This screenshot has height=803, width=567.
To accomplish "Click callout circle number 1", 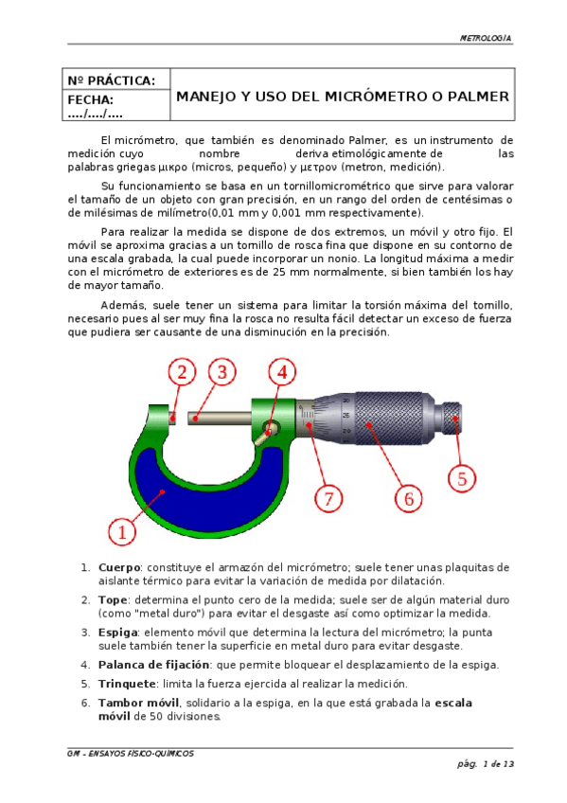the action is [x=122, y=532].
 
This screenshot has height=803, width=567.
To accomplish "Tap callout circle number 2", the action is [x=182, y=372].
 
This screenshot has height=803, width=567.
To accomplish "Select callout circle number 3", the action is [x=222, y=372].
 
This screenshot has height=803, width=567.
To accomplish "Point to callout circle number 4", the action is [x=282, y=372].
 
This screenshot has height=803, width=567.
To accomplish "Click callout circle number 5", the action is [x=462, y=479].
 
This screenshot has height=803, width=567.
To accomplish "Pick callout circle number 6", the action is [x=408, y=499].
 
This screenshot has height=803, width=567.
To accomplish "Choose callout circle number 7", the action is [x=328, y=499].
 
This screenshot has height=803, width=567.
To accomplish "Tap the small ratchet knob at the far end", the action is [x=452, y=418].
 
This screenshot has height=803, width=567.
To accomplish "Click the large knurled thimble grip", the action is [x=394, y=418].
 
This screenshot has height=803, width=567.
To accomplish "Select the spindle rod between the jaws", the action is [x=220, y=419].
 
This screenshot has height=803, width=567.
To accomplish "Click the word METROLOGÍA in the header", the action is [x=486, y=39].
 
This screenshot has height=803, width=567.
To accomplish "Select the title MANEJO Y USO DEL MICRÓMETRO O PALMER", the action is [x=343, y=97].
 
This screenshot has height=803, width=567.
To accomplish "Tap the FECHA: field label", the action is [x=91, y=99].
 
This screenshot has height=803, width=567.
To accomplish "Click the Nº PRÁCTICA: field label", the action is [x=111, y=80].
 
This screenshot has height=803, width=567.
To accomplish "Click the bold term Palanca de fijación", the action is [x=153, y=665].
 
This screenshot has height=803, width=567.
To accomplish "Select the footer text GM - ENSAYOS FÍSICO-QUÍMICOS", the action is [x=131, y=754].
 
